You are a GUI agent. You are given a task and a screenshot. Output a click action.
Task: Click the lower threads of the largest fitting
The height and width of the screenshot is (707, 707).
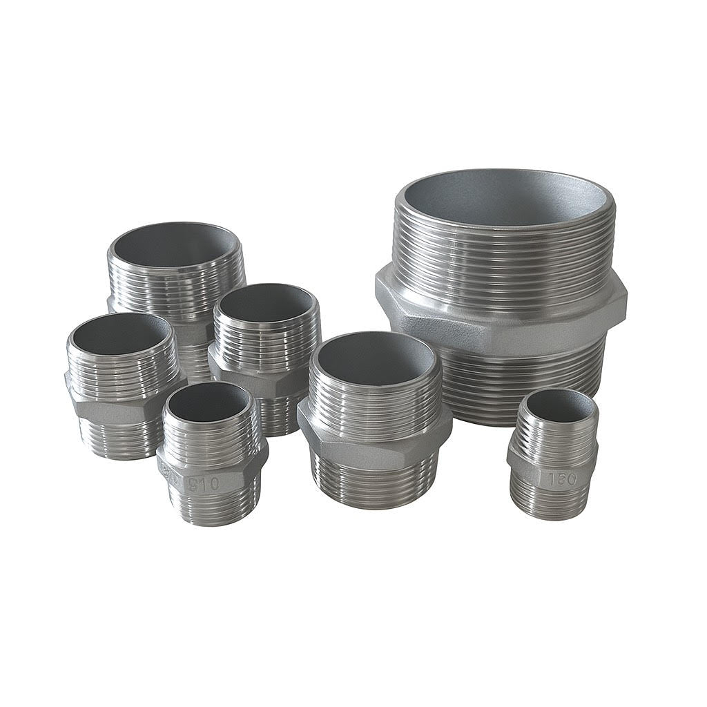525,387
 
